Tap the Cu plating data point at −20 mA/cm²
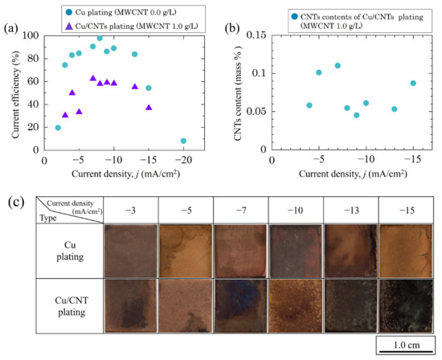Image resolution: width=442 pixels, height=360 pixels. coord(184,141)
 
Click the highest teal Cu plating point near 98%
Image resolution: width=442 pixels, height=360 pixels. coord(100,39)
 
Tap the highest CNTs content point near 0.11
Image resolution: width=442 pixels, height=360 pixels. coord(338,66)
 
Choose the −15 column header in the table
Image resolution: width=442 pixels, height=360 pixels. coord(406,210)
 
